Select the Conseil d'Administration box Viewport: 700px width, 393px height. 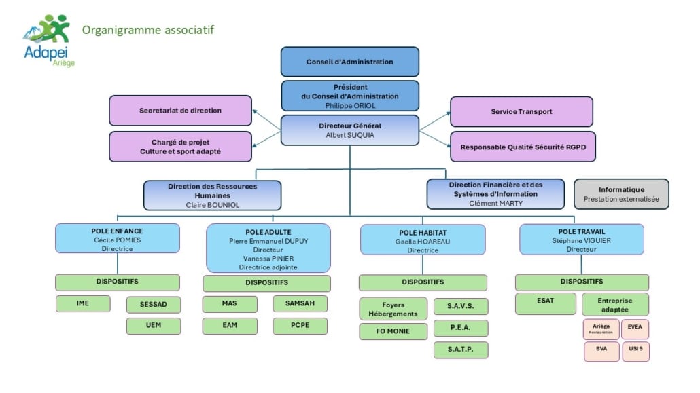click(349, 62)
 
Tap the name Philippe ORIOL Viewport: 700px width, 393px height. click(349, 106)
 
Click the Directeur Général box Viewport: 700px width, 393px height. click(349, 130)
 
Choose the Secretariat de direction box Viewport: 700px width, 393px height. click(180, 110)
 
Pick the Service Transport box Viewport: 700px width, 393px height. click(521, 111)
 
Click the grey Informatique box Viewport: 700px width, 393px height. click(621, 194)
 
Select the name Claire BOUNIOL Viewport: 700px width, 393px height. click(213, 204)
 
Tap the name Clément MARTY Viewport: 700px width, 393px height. click(495, 203)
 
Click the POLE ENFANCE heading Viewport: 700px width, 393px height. click(117, 231)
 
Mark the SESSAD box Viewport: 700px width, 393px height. click(154, 304)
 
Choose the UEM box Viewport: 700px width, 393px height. click(154, 326)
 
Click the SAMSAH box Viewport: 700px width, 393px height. click(300, 303)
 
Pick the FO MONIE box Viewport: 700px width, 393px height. click(393, 331)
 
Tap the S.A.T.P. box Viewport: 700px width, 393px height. click(461, 350)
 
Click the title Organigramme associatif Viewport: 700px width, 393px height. click(148, 30)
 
